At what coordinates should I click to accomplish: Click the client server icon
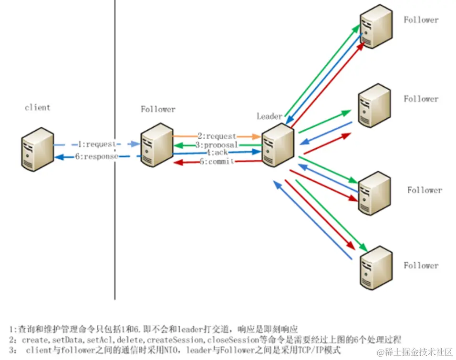tap(38, 149)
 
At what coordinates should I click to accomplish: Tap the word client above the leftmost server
tap(37, 108)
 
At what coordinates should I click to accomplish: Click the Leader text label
tap(269, 116)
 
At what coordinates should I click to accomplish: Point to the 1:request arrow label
tap(96, 144)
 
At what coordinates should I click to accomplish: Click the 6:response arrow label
tap(96, 156)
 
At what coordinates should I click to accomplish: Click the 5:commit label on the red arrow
tap(217, 162)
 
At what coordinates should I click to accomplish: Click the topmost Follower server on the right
tap(376, 27)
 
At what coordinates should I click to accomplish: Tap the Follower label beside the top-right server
tap(421, 20)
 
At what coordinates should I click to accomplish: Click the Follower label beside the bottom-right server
tap(421, 266)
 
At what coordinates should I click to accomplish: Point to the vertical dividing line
tap(115, 191)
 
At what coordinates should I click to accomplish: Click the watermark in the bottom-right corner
tap(414, 352)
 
